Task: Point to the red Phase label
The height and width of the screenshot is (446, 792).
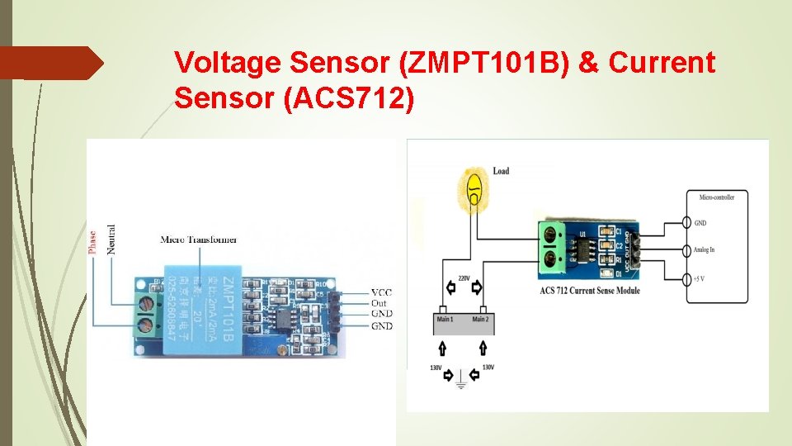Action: click(92, 242)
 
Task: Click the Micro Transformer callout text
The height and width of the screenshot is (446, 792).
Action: click(199, 240)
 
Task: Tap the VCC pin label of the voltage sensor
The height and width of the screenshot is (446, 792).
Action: click(381, 293)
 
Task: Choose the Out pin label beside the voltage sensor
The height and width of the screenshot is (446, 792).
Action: click(379, 303)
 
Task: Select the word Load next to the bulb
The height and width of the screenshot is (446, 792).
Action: click(501, 171)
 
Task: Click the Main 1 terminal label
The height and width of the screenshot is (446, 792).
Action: click(445, 318)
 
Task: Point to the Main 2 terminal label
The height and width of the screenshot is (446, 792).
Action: click(482, 318)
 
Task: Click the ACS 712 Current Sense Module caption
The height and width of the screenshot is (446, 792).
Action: click(590, 291)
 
